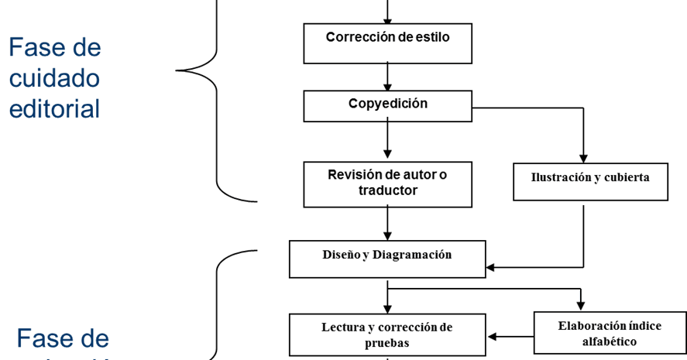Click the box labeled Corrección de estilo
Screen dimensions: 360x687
tap(387, 43)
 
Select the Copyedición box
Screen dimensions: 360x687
tap(387, 106)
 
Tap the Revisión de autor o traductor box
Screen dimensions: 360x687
tap(387, 184)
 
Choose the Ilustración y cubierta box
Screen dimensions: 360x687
tap(590, 181)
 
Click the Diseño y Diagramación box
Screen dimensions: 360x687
tap(387, 259)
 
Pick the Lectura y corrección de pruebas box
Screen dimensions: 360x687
tap(387, 334)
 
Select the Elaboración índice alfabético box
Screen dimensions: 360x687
tap(610, 333)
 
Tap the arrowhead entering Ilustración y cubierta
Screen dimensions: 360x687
tap(584, 157)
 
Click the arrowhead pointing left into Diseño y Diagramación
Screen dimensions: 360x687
tap(491, 268)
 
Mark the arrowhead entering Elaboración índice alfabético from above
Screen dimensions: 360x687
tap(579, 307)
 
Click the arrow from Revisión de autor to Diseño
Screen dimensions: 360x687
tap(387, 224)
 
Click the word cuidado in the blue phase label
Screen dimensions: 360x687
tap(54, 78)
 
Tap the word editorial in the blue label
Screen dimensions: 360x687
tap(54, 109)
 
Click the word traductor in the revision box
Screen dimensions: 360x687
tap(387, 190)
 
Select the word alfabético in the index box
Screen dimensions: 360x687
tap(610, 341)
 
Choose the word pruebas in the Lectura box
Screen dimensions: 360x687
tap(387, 343)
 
